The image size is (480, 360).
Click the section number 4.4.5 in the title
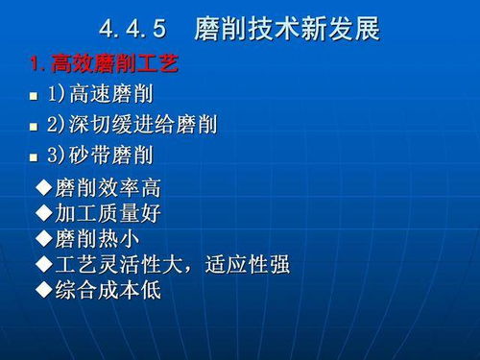tap(139, 29)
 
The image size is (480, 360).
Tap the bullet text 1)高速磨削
tap(99, 95)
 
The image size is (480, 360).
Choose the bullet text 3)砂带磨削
tap(99, 155)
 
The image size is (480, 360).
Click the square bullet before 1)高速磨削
tap(34, 97)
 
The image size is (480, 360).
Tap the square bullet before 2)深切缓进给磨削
tap(34, 127)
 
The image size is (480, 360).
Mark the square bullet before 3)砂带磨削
tap(34, 156)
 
